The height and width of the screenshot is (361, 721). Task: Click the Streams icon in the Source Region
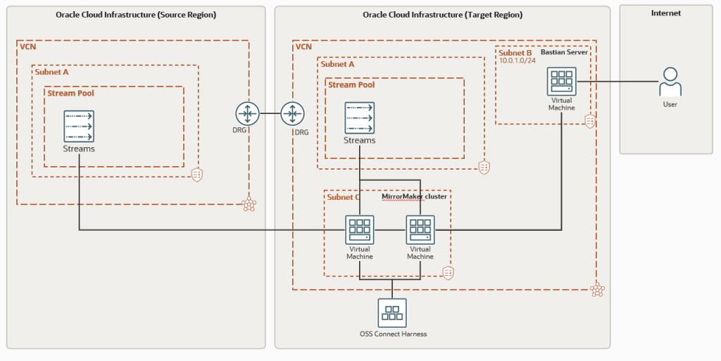coord(79,126)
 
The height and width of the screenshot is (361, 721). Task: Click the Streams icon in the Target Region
coord(359,118)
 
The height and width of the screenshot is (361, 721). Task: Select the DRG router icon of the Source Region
coord(248,113)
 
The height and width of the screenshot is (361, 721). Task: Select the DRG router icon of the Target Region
coord(292,113)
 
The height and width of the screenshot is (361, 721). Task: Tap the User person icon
coord(670,82)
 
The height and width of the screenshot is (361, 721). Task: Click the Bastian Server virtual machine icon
coord(561,82)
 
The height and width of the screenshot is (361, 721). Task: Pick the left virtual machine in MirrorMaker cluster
coord(359,230)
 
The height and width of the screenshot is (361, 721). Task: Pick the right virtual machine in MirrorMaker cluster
coord(420,230)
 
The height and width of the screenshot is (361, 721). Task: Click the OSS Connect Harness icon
coord(391,312)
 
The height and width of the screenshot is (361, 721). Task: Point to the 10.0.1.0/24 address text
coord(518,61)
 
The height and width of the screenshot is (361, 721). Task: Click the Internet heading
coord(665,13)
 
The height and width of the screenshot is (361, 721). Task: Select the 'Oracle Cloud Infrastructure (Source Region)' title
coord(136,15)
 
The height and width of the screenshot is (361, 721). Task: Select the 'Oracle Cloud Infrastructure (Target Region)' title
coord(442,15)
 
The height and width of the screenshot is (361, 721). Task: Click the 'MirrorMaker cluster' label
coord(414,196)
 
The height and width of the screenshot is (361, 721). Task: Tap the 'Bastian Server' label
coord(564,52)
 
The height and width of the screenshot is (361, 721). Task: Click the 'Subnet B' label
coord(515,52)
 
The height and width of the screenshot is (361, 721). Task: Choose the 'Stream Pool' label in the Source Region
coord(70,92)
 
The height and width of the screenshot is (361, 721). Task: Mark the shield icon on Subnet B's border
coord(590,121)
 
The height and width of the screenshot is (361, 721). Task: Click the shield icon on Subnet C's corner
coord(447,273)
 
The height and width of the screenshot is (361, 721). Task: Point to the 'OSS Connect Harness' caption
coord(391,334)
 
